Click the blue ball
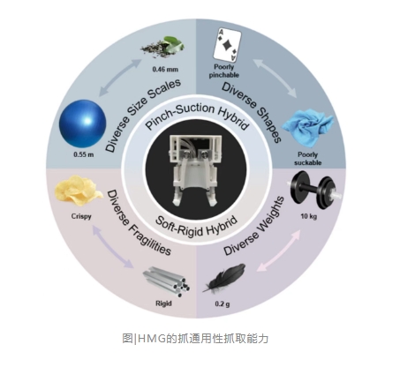tap(82, 124)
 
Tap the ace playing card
tap(227, 44)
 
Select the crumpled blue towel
tap(307, 129)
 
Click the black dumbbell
tap(316, 191)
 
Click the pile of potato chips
tap(79, 190)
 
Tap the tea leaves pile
tap(162, 47)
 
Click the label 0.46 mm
tap(165, 70)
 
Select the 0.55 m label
tap(84, 154)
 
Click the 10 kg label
tap(308, 216)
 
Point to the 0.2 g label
tap(223, 303)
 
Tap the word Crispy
tap(81, 216)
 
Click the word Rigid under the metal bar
tap(163, 303)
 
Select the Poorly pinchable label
tap(224, 71)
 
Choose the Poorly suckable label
tap(308, 159)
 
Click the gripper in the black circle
tap(195, 170)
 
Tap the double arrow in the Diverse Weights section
tap(279, 251)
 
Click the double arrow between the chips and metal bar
tap(113, 246)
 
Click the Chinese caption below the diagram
tap(195, 339)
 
